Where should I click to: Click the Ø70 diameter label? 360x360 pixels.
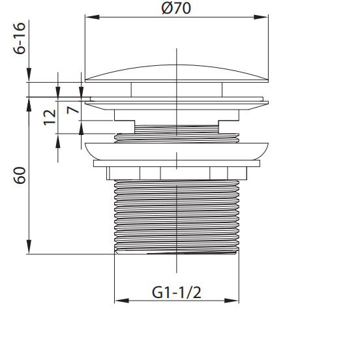click(x=176, y=8)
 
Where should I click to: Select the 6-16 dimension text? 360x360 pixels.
click(x=20, y=38)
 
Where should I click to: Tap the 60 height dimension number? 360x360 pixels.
click(x=20, y=175)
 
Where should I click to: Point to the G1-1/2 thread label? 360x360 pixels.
click(x=176, y=292)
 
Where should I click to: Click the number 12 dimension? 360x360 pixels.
click(x=50, y=117)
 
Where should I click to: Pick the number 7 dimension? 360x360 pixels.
click(x=73, y=110)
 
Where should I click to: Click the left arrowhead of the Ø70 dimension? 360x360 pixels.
click(x=93, y=17)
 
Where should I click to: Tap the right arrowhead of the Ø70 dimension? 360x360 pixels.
click(x=261, y=17)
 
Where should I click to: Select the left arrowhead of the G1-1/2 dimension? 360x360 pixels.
click(x=122, y=301)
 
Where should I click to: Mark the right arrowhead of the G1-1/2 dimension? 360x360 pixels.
click(x=232, y=301)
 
